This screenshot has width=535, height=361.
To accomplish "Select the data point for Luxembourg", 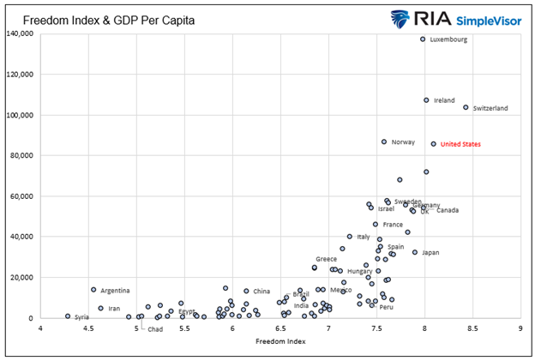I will pos(423,39).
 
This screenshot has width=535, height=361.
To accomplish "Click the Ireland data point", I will pos(426,100).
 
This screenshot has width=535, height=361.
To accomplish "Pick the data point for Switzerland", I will pos(466,108).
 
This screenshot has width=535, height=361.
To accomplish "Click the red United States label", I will pos(460,144).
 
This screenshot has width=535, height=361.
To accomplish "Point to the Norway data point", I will pos(384,141).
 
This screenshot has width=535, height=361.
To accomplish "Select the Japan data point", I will pos(415,252).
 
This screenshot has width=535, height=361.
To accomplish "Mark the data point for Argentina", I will pos(93,290).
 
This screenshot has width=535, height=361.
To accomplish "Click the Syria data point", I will pos(68,316).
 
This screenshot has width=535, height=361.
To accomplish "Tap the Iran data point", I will pos(100,308).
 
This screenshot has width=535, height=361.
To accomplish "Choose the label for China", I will pos(261,292).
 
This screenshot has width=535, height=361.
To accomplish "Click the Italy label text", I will pos(364,237).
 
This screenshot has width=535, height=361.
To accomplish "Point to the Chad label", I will pos(155,328).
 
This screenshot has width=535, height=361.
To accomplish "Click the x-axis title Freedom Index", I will pos(280,341).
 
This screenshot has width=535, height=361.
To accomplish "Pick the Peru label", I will pos(387,307).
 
